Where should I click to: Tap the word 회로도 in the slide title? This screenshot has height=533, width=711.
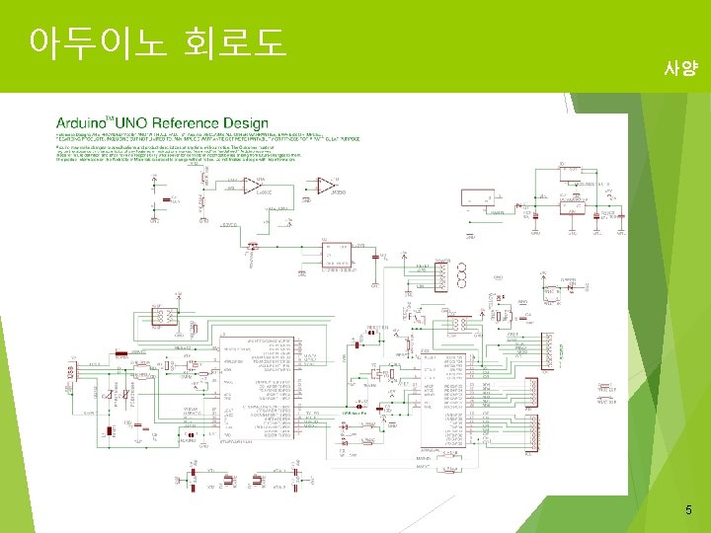tap(235, 42)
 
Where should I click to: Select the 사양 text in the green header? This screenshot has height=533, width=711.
tap(680, 68)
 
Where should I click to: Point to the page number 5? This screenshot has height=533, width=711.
tap(688, 510)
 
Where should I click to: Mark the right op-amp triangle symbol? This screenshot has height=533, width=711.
tap(324, 185)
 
